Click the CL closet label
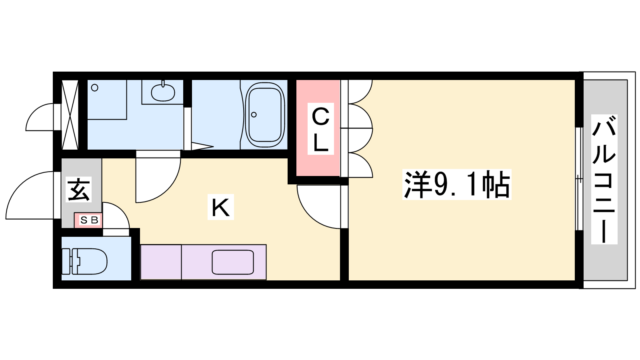click(320, 129)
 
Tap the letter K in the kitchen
click(220, 207)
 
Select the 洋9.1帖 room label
click(456, 184)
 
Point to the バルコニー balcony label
click(604, 179)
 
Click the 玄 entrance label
click(78, 190)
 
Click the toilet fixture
click(84, 262)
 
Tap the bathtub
click(265, 115)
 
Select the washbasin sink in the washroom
click(163, 92)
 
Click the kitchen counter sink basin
click(232, 262)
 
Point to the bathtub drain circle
click(254, 115)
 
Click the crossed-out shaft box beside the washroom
click(70, 115)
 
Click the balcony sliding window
click(579, 179)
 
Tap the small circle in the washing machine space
click(94, 88)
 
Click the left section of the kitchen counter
click(161, 262)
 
